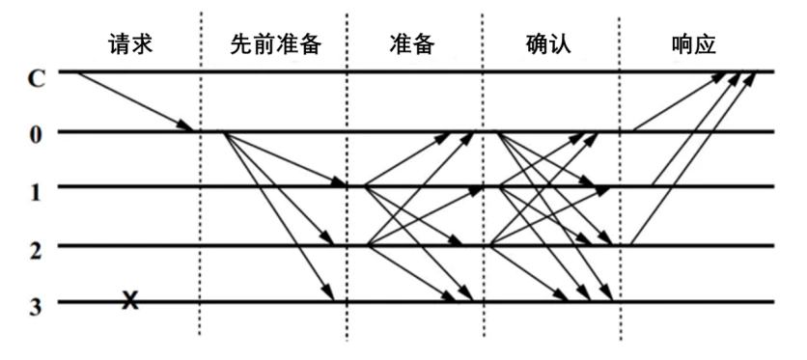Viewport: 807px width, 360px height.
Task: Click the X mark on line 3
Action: (x=130, y=301)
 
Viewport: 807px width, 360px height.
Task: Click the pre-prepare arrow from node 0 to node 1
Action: (x=285, y=159)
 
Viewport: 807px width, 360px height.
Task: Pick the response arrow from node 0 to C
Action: (x=680, y=101)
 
